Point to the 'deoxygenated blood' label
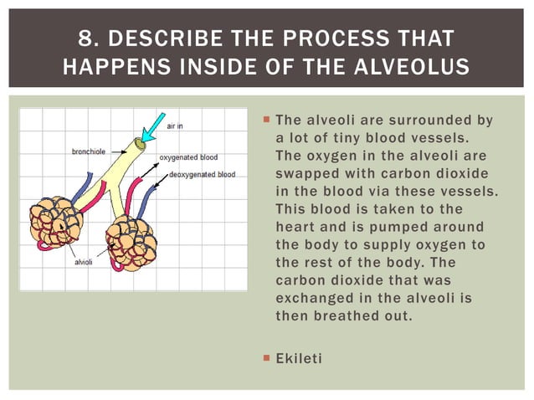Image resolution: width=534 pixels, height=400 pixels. point(202,175)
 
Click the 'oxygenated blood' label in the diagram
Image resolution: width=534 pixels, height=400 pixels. point(188,156)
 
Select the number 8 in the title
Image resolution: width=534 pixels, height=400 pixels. point(85,38)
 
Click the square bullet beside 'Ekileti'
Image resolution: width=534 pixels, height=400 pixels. point(265,357)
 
